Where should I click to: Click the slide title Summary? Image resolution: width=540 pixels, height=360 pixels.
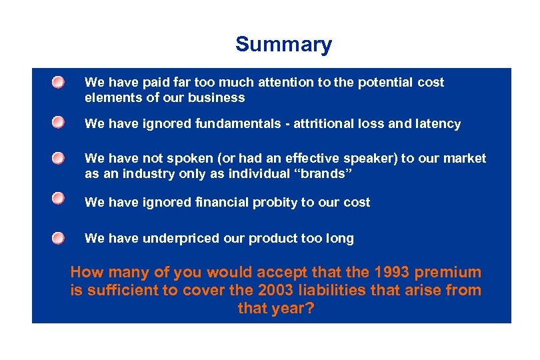[283, 45]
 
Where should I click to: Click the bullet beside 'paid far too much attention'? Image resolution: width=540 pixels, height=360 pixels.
[59, 82]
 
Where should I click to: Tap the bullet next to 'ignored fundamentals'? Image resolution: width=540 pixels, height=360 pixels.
[59, 123]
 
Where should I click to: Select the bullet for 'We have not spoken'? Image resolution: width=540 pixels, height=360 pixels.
[59, 158]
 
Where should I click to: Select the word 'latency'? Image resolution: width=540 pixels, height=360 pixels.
[437, 124]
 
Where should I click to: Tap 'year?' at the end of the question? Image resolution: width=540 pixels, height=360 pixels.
[291, 309]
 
